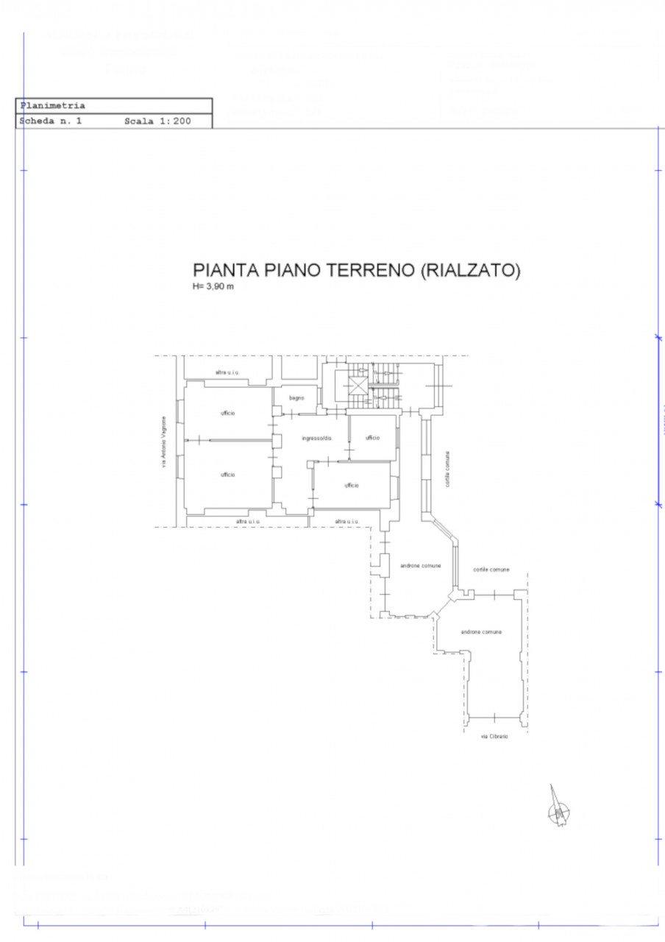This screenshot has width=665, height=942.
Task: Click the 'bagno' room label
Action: [296, 398]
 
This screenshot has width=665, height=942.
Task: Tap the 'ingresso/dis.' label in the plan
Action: [317, 439]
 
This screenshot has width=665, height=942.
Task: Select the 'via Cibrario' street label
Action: [494, 737]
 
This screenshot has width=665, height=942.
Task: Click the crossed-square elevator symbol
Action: [358, 386]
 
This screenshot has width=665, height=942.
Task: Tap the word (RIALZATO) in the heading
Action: [470, 271]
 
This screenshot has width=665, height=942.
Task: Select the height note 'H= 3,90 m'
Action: [213, 286]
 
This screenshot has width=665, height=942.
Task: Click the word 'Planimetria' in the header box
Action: [53, 106]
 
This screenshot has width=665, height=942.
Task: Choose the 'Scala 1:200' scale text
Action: [157, 121]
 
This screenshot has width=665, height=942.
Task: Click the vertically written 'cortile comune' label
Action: [447, 469]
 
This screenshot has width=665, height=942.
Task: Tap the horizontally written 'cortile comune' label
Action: [491, 570]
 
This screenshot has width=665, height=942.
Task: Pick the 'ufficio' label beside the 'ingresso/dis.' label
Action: [372, 438]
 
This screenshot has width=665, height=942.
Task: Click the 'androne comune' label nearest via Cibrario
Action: [481, 632]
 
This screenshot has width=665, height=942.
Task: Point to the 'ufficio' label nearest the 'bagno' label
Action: [227, 414]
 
